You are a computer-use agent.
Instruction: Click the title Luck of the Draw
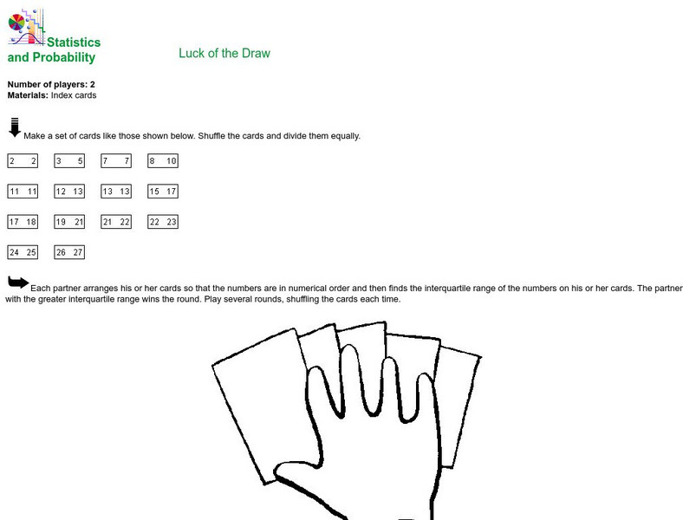click(224, 53)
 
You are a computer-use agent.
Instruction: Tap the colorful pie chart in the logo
click(16, 23)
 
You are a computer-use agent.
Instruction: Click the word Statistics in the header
click(74, 42)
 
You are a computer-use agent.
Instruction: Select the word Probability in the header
click(64, 57)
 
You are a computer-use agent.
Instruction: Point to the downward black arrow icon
click(15, 127)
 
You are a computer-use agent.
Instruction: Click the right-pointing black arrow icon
click(18, 283)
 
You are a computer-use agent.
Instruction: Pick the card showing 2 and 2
click(23, 160)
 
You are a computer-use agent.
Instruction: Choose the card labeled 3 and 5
click(69, 160)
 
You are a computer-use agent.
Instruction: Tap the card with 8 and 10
click(163, 160)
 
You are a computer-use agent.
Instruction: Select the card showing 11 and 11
click(23, 192)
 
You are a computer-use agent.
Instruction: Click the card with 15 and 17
click(163, 192)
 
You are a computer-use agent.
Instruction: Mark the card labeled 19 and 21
click(69, 222)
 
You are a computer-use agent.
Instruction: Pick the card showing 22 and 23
click(163, 222)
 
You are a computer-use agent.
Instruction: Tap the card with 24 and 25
click(23, 252)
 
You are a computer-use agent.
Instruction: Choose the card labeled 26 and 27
click(69, 252)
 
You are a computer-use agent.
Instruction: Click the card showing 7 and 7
click(116, 160)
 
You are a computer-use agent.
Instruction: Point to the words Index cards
click(74, 95)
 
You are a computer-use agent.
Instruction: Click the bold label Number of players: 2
click(51, 84)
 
